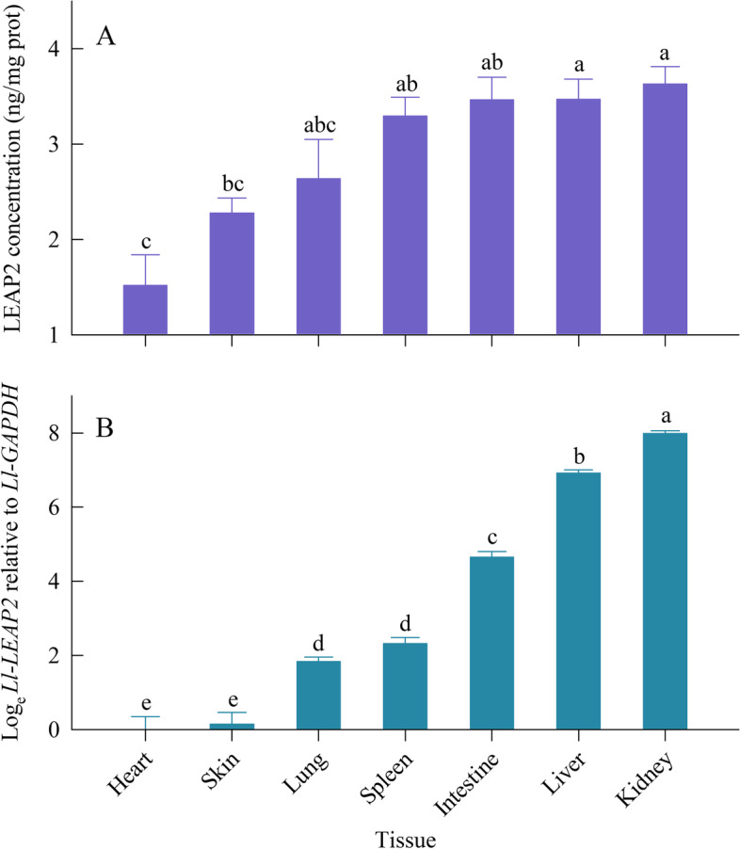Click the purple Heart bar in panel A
pos(146,310)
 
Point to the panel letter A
pos(106,39)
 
